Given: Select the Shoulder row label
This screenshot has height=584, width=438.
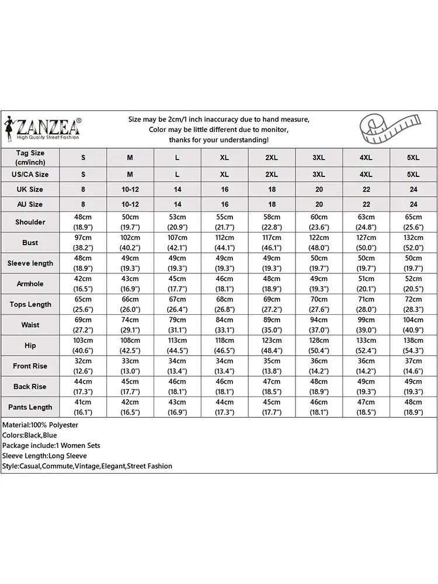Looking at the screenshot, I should coord(30,222).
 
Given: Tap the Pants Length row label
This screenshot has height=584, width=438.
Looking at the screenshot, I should coord(30,407).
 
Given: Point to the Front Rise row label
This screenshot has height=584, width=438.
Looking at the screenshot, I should coord(30,366).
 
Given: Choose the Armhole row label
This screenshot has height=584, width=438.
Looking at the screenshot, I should coord(30,284).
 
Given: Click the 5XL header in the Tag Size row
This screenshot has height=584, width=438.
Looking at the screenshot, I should coord(413,157).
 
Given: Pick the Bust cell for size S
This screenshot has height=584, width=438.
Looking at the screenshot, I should coord(83,242).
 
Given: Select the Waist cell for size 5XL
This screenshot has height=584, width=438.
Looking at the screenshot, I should coord(413,325).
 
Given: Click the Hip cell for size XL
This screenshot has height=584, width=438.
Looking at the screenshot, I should coord(224,345).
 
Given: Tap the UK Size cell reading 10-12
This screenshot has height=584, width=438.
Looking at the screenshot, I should coord(130,189).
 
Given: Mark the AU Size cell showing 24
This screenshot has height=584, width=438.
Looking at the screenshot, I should coord(413,204).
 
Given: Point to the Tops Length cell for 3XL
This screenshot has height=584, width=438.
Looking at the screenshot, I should coord(319,304).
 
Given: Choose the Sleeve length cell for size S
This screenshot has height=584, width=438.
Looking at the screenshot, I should coord(83,263).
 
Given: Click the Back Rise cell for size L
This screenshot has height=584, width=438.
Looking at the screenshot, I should coord(178,387).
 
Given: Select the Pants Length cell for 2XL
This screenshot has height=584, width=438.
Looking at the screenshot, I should coord(272,407).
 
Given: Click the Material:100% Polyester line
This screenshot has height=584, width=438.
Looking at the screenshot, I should coord(40,425).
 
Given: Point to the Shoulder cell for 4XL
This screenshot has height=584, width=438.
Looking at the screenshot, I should coord(366,222).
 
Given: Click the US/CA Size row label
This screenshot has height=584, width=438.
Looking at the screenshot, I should coord(30,174).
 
